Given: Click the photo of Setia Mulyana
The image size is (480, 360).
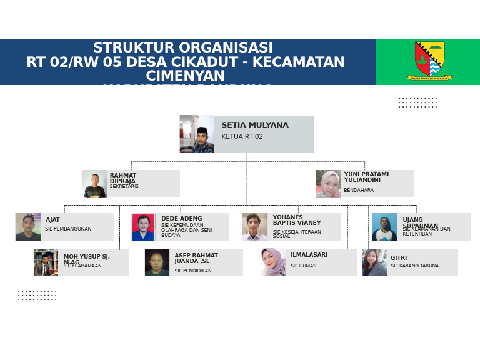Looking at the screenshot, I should point(197,134).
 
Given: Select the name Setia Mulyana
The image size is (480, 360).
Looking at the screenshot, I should point(255,125).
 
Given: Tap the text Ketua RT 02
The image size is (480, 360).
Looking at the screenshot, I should point(242,137).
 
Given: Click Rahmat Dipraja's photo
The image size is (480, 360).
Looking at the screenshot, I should point(94,184).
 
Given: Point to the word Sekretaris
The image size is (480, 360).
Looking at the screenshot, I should point(124,187).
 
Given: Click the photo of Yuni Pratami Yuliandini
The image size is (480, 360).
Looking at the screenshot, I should point(328,184).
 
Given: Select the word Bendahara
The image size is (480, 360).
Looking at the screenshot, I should point(359,191).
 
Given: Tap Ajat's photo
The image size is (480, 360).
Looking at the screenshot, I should point(28,227).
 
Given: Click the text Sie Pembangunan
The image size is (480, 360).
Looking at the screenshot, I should point(68,229).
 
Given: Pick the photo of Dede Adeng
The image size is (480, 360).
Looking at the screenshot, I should point(143,227).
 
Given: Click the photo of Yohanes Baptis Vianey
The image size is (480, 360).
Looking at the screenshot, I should point(255,227).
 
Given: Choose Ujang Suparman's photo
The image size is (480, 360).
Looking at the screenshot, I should point(384,227).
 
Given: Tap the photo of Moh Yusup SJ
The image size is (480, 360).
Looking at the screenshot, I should point(46,262).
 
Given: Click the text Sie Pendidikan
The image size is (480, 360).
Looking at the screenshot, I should point(193,271).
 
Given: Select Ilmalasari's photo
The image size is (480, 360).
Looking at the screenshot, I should point(273,262).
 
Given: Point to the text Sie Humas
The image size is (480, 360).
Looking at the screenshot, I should point(304,266).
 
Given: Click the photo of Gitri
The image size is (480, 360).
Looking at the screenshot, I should point(374,262).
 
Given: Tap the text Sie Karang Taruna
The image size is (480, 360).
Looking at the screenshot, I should point(415,266).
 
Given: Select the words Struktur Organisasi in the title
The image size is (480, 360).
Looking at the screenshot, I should point(183,48).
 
